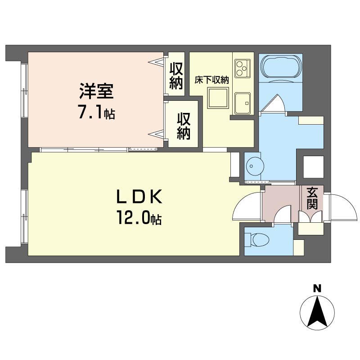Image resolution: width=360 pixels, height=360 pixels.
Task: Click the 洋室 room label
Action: point(96,91)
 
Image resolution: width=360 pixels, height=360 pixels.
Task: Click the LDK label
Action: point(139,197)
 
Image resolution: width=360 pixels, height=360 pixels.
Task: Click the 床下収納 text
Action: point(211,80)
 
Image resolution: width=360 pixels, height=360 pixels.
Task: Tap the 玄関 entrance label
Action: point(312,198)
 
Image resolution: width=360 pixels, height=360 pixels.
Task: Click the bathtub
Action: point(280,68)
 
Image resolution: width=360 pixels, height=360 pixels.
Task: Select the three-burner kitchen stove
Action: point(243,68)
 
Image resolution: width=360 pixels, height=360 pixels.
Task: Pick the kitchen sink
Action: point(243,103)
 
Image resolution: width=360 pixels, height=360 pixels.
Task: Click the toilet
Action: point(257,240)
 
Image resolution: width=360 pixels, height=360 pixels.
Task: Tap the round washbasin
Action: point(255,166)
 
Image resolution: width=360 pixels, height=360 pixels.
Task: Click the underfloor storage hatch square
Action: point(218,98)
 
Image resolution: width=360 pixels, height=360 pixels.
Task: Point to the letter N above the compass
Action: point(317,288)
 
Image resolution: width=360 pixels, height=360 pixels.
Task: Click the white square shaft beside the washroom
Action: point(313,167)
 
